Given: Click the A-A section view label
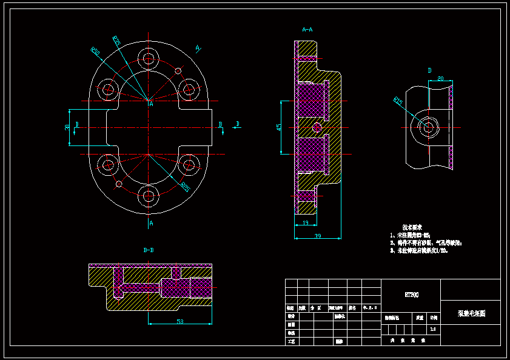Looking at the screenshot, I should click(x=307, y=29).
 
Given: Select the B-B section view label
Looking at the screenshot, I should click(x=148, y=250).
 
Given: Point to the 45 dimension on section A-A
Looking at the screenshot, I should click(x=278, y=127).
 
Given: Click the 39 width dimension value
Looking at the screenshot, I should click(x=317, y=235).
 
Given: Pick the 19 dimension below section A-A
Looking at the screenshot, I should click(x=304, y=223).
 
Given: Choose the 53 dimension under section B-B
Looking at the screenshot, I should click(x=180, y=321).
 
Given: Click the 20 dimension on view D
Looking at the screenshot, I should click(x=440, y=79).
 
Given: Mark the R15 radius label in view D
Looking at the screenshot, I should click(x=398, y=101).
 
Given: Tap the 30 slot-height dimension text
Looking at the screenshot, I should click(x=67, y=127).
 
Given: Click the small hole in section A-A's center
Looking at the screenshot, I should click(x=317, y=127).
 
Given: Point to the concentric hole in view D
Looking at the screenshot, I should click(x=428, y=127).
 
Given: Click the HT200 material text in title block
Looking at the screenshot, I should click(x=411, y=295).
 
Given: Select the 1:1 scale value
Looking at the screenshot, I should click(x=432, y=329).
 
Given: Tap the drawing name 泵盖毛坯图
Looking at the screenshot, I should click(x=471, y=313).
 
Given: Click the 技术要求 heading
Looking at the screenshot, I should click(x=412, y=226).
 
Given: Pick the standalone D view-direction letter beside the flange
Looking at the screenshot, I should click(x=238, y=124).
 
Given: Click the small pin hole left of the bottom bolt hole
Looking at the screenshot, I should click(x=119, y=184).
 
